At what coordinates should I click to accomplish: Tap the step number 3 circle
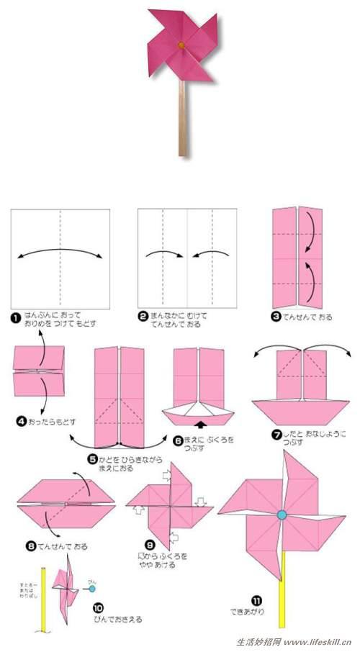pos(277,316)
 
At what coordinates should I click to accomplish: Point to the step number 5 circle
pos(92,458)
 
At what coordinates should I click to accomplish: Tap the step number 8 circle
pos(30,546)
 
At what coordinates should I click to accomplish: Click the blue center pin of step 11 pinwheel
pos(282,515)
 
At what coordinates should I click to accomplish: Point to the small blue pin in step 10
pos(91,588)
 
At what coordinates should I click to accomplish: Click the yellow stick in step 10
pos(45,605)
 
